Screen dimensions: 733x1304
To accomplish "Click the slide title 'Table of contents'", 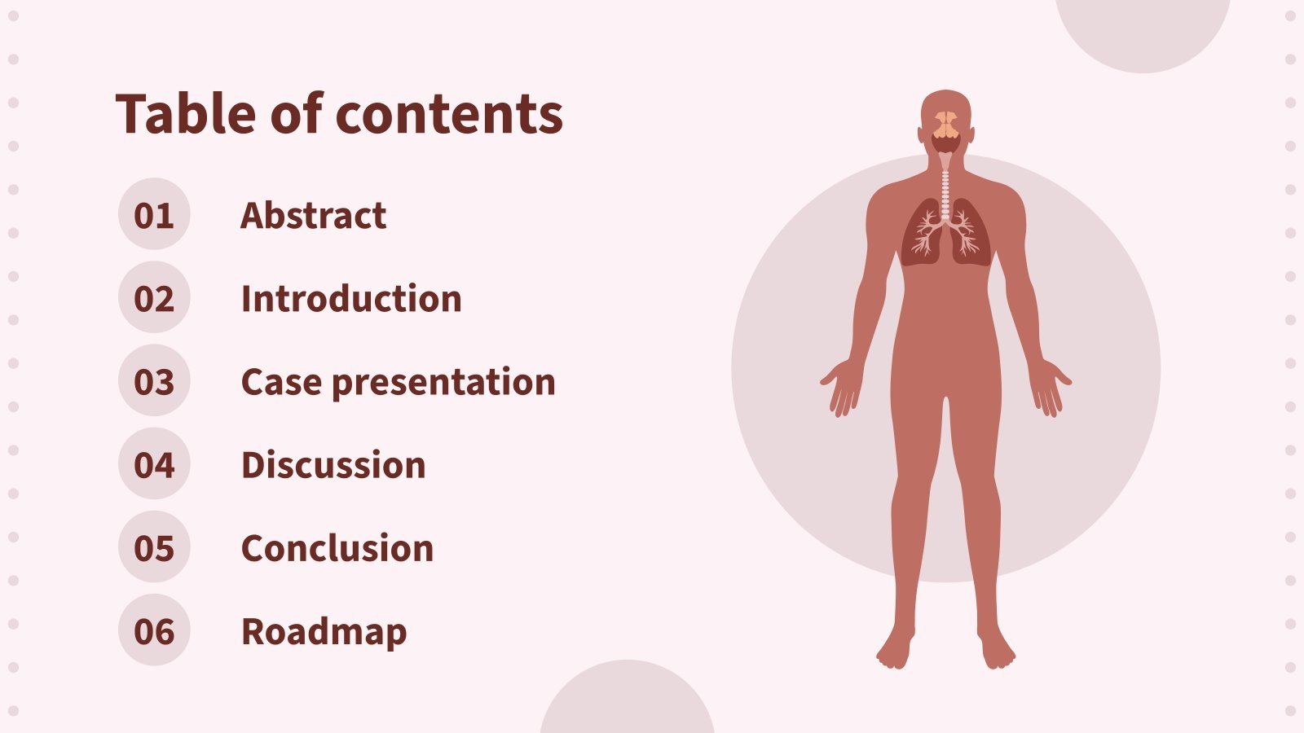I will point(339,113).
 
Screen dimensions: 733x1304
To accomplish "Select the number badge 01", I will point(154,215).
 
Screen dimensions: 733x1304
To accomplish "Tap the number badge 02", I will point(154,298).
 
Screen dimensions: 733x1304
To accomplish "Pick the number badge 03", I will point(154,381).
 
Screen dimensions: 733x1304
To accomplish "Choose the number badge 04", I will point(154,465).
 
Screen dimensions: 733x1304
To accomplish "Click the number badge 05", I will point(154,548).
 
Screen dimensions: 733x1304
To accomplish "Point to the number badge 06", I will point(154,631).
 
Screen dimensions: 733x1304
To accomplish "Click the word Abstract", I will point(313,215).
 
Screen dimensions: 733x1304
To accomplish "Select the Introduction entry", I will point(351,298).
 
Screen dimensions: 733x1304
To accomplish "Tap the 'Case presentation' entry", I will point(398,381).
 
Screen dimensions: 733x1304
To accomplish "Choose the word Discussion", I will point(333,465).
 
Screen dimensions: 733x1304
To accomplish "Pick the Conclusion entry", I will point(337,548).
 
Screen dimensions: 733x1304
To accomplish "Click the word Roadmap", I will point(324,631).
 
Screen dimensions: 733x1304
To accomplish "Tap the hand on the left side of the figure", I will point(842,387).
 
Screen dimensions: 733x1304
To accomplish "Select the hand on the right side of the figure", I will point(1050,387).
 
